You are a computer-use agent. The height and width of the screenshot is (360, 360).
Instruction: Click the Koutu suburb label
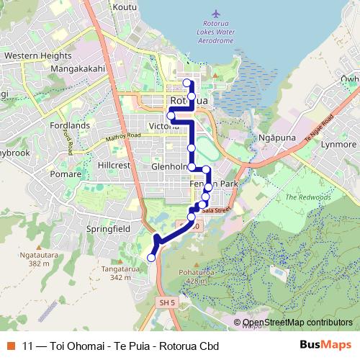(125, 7)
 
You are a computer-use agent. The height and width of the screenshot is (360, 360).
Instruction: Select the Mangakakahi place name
(78, 69)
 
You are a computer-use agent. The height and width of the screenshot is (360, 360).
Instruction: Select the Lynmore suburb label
(338, 145)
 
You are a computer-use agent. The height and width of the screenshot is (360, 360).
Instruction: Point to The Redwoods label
(307, 197)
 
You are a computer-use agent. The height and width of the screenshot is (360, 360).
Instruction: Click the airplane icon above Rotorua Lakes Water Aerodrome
(217, 14)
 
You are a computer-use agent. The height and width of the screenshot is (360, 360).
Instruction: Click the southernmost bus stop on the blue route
(151, 258)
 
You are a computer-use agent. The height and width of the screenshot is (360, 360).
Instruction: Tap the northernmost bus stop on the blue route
(187, 83)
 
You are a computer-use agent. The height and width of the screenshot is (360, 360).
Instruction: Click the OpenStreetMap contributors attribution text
(297, 323)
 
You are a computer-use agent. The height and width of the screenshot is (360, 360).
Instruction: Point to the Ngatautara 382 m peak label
(43, 258)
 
